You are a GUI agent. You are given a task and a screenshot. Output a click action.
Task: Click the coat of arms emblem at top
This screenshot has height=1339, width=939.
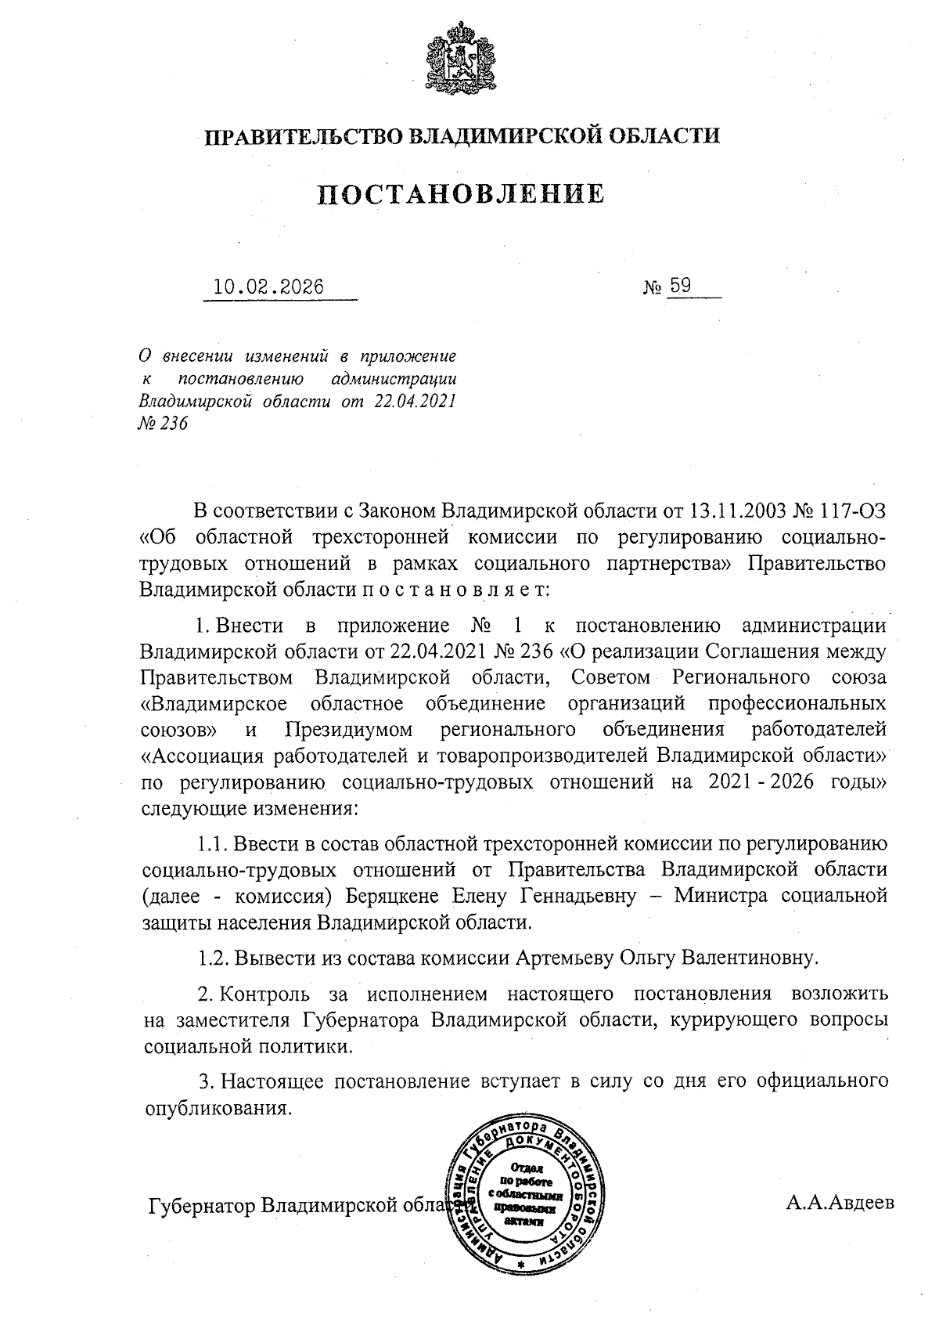tap(462, 61)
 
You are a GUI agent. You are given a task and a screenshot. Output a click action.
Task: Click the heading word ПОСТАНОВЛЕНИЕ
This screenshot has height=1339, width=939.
tap(461, 193)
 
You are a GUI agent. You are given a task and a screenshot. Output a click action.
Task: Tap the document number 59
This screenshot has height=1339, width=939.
tap(680, 286)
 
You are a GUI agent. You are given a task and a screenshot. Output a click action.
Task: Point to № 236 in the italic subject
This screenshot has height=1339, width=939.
tap(164, 424)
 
